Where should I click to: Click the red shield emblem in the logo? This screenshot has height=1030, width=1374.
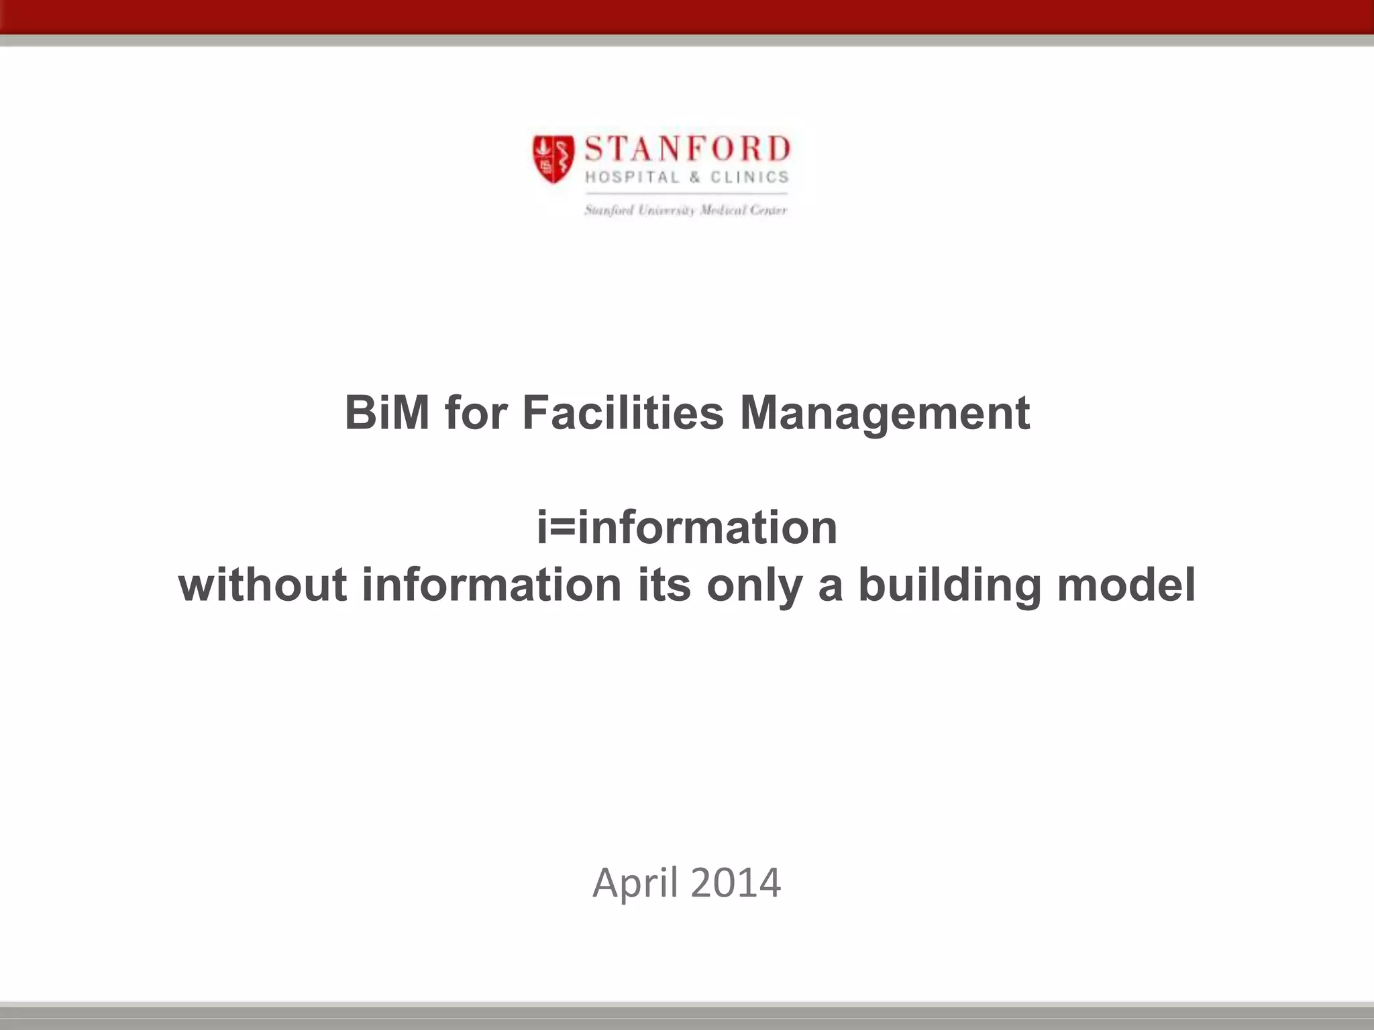coord(553,158)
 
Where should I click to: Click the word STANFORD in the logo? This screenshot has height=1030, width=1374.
coord(687,149)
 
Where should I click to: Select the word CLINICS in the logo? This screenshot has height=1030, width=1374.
coord(749,177)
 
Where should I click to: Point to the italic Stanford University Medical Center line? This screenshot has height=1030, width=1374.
coord(685,211)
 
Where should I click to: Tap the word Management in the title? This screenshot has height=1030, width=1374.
coord(884,414)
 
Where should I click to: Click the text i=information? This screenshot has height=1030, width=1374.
coord(687,528)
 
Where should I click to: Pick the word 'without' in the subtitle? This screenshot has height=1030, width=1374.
coord(263,585)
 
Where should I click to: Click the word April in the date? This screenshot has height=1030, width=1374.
coord(635,883)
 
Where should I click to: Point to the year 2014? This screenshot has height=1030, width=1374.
coord(735,882)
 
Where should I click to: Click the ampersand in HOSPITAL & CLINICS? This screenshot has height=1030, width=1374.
coord(694,178)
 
